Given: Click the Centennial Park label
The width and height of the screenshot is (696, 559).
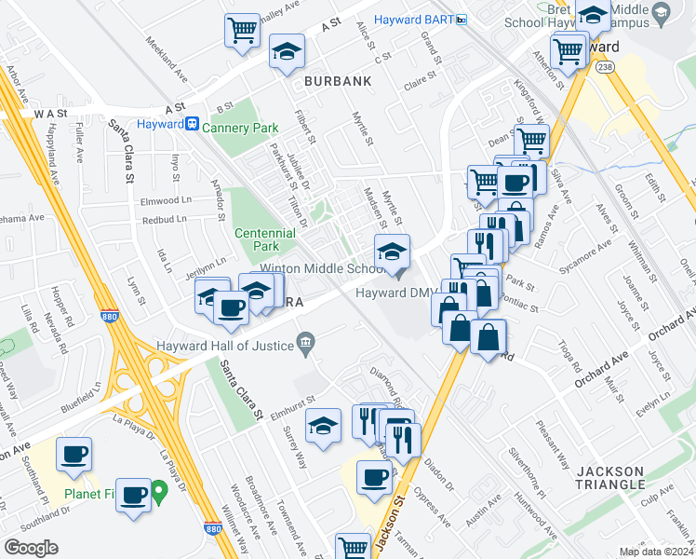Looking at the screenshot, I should pyautogui.click(x=257, y=239).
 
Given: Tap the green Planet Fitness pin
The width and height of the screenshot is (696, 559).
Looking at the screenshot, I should pyautogui.click(x=159, y=488).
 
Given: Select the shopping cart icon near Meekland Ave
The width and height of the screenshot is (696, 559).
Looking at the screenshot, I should pyautogui.click(x=242, y=30).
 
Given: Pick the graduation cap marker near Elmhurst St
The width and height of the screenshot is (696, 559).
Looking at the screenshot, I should pyautogui.click(x=323, y=427).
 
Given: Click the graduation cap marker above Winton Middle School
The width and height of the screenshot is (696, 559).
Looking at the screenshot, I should pyautogui.click(x=392, y=251).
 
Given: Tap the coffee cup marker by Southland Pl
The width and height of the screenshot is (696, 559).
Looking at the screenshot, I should pyautogui.click(x=74, y=455).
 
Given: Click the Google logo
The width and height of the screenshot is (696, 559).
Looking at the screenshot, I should pyautogui.click(x=32, y=548).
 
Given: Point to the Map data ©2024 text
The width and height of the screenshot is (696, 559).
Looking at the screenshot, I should pyautogui.click(x=655, y=552).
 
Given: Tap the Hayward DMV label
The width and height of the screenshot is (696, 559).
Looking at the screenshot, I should pyautogui.click(x=391, y=293).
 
